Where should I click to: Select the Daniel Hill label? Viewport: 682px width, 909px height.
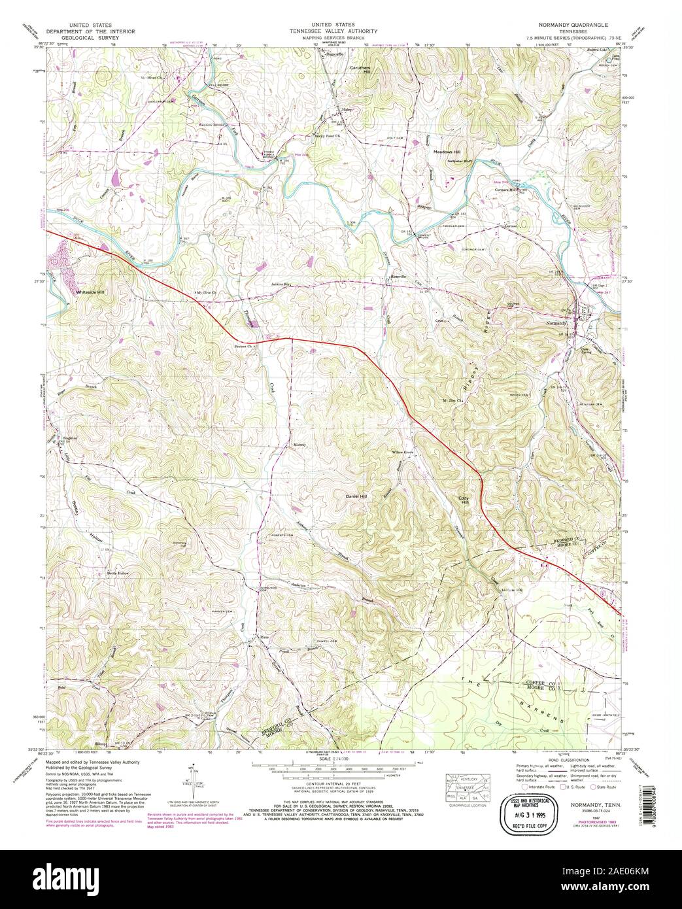(356, 497)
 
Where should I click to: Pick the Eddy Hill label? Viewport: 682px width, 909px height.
(463, 498)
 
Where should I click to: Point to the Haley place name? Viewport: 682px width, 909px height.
(347, 110)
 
